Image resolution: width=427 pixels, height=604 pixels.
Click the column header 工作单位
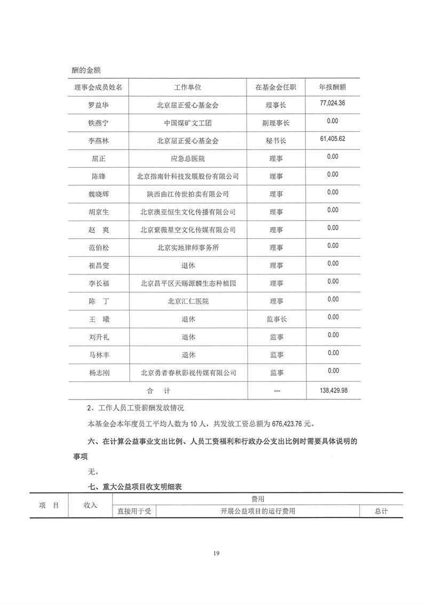187,87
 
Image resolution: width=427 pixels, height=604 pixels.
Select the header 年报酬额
332,87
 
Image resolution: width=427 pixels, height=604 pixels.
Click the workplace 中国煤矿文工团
187,123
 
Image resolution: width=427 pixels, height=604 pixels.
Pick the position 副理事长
276,123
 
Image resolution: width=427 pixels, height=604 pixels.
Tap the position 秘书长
276,141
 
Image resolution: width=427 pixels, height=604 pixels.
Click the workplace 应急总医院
187,159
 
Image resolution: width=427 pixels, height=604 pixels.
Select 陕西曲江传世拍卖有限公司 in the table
187,194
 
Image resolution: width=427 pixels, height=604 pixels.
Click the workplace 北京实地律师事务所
187,248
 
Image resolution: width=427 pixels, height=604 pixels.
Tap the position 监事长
276,319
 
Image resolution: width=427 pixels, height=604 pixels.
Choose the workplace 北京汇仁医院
187,302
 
